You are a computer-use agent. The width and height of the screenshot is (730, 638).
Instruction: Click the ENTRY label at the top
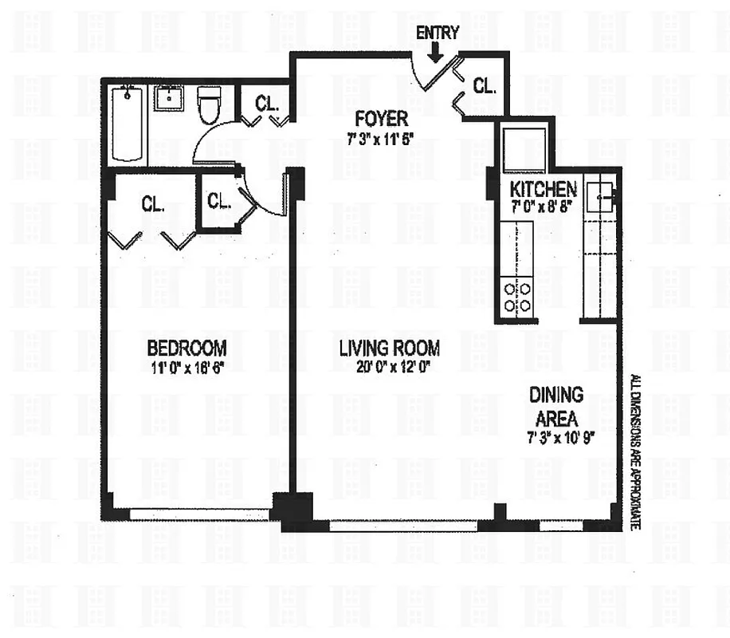pos(438,33)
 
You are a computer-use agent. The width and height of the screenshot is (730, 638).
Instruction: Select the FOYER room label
pos(382,120)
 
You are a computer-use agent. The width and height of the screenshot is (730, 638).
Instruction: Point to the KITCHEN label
pos(543,189)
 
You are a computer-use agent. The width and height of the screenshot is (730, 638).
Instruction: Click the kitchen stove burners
pos(516,296)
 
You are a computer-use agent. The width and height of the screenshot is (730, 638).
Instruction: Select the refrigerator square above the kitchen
pos(522,148)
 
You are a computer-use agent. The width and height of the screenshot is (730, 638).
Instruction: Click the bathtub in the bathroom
pos(128,125)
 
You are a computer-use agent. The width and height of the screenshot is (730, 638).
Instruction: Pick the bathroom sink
pos(170,100)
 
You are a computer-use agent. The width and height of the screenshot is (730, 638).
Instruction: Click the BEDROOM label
pos(186,348)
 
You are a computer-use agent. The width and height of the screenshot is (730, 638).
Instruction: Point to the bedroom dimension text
pos(186,368)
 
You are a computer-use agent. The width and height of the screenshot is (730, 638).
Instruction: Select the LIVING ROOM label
pos(389,348)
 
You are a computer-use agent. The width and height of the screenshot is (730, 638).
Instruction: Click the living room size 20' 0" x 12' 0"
pos(389,368)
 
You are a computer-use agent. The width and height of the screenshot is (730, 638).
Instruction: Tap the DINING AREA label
pos(555,405)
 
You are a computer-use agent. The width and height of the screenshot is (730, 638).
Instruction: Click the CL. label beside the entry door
pos(484,86)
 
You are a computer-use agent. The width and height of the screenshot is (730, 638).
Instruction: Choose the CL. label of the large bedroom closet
pos(153,203)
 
